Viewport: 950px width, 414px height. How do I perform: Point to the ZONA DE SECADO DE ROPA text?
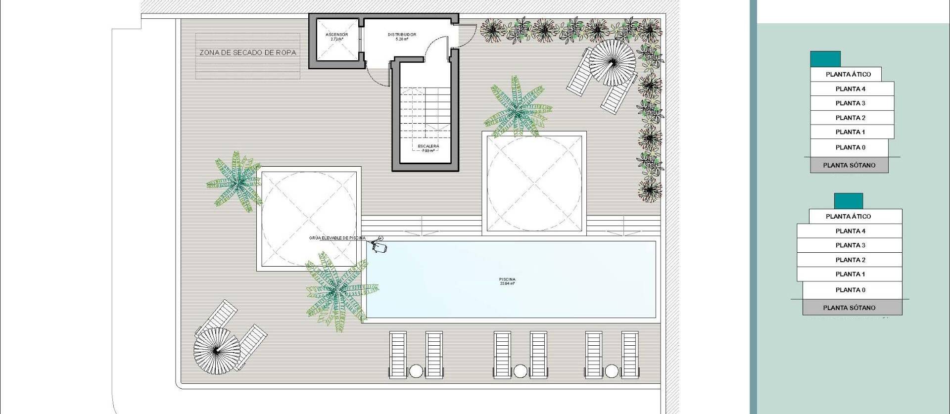pos(248,52)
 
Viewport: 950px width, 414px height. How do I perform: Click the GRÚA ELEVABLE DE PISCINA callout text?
pos(337,238)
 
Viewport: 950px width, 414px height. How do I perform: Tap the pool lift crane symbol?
pos(380,245)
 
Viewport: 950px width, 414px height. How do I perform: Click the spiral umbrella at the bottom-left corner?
pos(216,351)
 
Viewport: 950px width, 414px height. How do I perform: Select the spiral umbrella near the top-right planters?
pos(613,63)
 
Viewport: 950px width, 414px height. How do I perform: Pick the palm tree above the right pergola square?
pos(517,109)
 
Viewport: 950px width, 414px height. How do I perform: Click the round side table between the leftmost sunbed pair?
pos(416,371)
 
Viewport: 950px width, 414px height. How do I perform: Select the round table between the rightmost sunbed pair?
pos(612,371)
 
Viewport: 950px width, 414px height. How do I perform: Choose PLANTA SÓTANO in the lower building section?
pos(849,308)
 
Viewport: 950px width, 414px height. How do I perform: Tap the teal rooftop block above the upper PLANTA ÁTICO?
pos(825,59)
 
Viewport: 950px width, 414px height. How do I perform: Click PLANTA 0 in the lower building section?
pos(850,290)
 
